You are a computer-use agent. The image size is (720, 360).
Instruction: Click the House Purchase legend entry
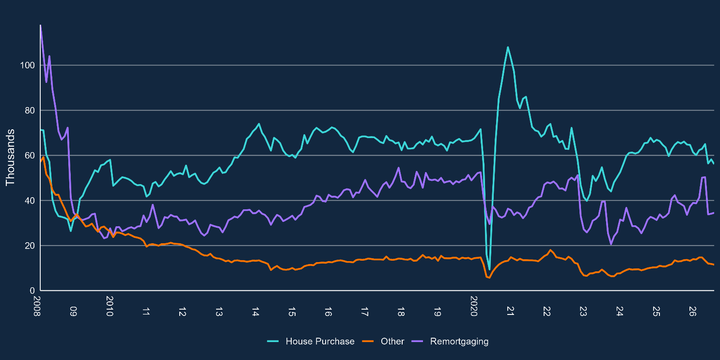point(320,342)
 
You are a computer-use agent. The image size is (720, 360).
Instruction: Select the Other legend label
point(392,342)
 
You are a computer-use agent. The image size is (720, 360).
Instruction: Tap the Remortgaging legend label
point(459,342)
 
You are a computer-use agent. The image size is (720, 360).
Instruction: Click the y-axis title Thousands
point(10,157)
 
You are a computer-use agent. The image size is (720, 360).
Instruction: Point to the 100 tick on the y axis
point(27,65)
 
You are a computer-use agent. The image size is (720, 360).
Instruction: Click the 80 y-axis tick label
point(29,110)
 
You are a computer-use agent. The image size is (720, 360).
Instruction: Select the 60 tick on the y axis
point(29,156)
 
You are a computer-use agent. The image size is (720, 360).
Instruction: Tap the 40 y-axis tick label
point(29,201)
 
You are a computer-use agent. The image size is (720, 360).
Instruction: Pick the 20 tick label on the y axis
point(29,246)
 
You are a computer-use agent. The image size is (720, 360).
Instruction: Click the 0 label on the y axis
point(32,291)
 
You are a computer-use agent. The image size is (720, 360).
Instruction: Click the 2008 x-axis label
point(37,306)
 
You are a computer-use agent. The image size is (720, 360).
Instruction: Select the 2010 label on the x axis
point(110,306)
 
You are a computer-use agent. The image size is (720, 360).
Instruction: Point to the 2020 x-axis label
point(474,306)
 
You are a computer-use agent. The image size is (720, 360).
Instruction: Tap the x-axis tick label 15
point(292,312)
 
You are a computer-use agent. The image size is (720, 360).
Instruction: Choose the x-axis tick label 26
point(692,312)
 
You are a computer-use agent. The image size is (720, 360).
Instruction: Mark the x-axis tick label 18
point(401,312)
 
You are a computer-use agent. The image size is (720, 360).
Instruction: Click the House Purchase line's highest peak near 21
point(507,47)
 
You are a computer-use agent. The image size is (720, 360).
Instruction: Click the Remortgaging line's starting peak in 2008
point(40,25)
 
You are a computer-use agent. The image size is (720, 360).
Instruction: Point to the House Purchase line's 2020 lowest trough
point(489,270)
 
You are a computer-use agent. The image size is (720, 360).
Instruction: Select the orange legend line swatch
point(368,342)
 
